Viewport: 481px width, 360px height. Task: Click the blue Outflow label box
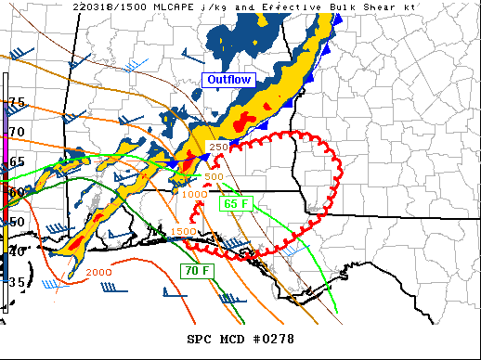228,80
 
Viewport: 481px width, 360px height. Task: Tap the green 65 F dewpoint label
234,204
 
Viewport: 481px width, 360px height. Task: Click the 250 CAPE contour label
218,148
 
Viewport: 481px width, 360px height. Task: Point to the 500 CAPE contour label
214,176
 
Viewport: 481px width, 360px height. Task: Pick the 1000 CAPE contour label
194,194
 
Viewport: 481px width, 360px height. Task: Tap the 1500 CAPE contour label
183,230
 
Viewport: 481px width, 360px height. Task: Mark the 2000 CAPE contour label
99,272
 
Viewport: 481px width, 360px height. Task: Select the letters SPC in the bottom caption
200,340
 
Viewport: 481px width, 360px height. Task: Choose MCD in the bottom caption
233,340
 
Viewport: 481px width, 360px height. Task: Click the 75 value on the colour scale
16,101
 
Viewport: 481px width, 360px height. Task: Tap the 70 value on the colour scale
16,132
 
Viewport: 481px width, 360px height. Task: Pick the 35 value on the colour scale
16,280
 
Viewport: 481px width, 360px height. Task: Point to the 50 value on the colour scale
16,221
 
